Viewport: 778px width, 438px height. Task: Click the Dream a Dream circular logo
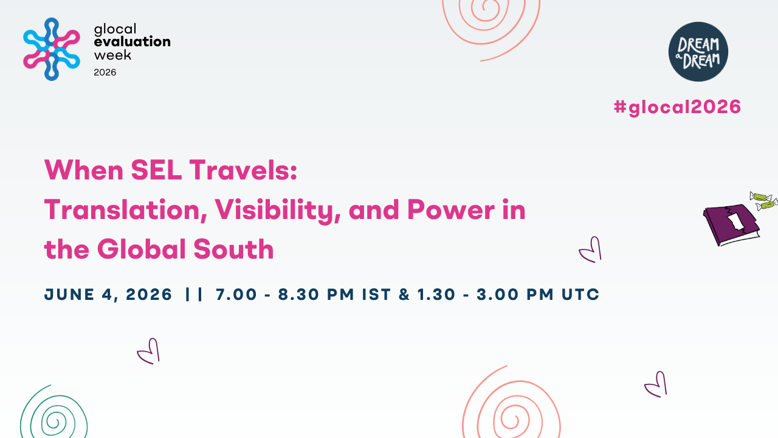698,52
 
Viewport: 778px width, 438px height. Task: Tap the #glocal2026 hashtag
677,107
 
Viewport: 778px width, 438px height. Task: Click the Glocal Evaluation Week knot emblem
52,49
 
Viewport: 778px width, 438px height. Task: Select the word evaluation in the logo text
133,42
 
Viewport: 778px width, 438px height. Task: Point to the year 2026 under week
105,72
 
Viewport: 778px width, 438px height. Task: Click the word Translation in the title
126,210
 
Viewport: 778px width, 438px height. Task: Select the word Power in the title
451,210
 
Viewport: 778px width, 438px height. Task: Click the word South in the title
234,249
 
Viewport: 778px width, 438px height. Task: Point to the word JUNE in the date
69,294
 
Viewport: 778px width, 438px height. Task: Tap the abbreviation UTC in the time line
580,294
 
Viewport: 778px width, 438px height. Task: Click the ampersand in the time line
404,294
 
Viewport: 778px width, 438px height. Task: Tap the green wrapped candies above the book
763,201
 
